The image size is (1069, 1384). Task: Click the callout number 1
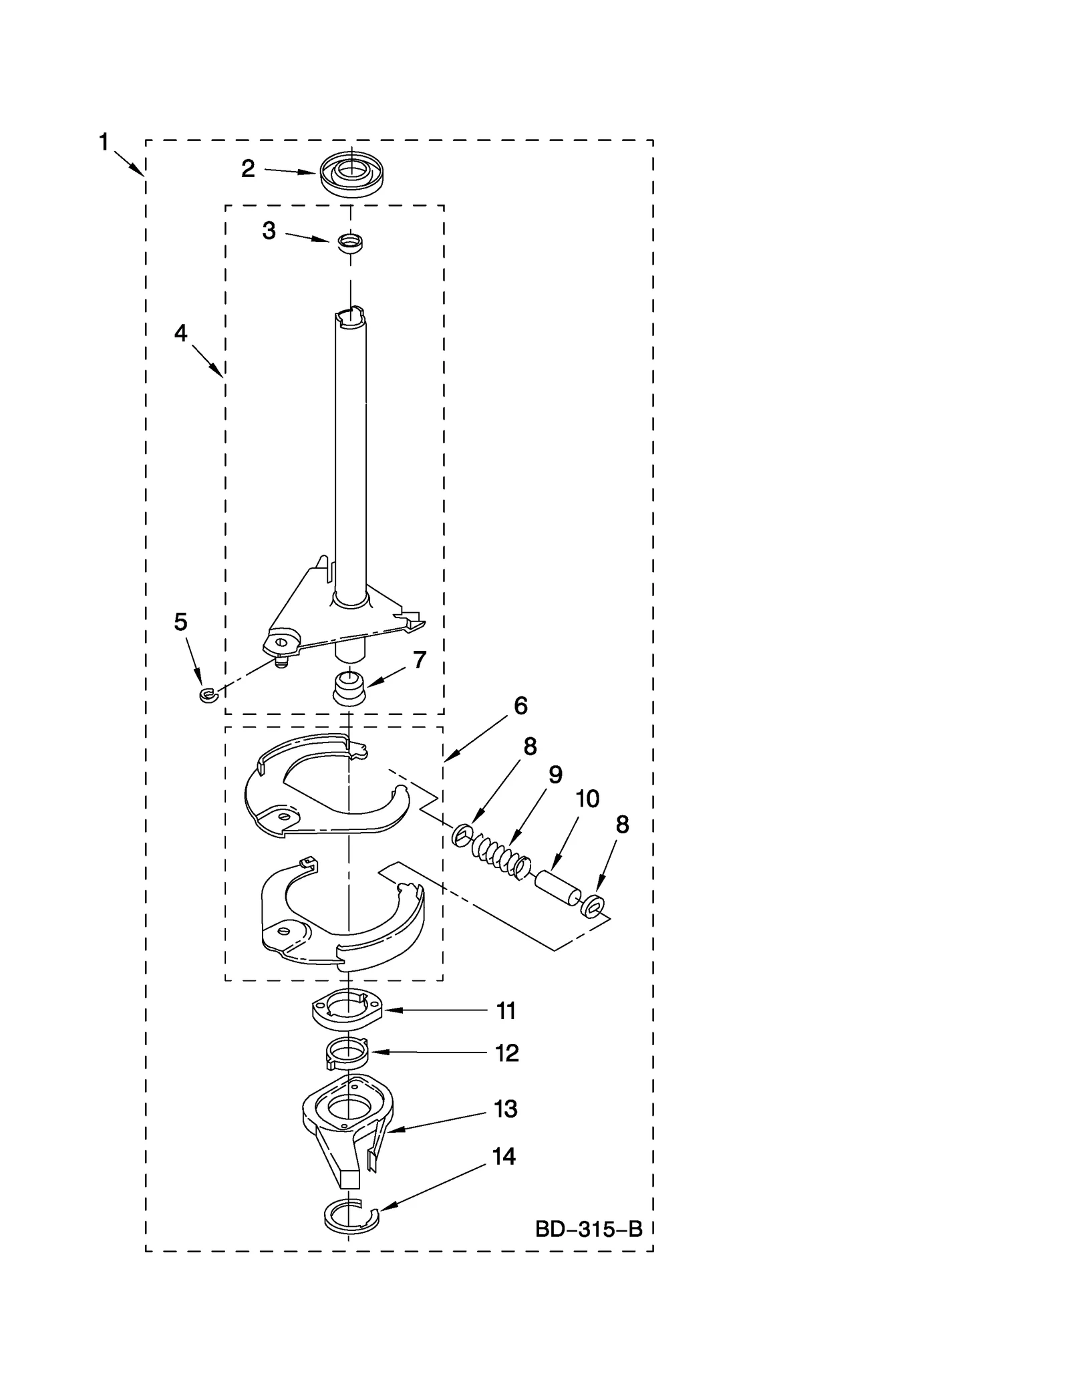tap(104, 142)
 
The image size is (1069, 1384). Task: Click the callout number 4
tap(180, 333)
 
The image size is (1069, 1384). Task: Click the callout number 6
tap(520, 706)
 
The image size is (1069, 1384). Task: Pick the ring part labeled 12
tap(347, 1056)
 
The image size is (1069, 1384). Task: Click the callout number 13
tap(505, 1109)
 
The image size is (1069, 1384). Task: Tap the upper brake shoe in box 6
tap(321, 789)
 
